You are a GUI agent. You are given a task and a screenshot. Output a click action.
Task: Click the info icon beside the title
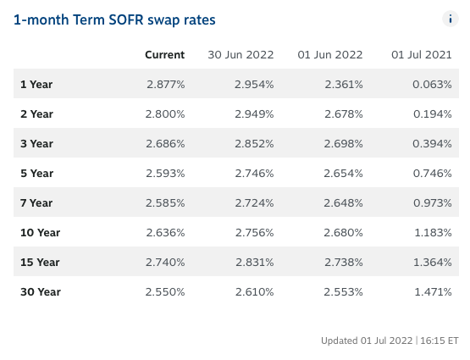451,19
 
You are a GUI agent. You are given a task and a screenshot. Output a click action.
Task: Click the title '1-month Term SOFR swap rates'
114,20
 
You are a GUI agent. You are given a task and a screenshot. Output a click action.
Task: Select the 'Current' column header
165,55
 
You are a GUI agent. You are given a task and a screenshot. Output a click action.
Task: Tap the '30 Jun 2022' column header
241,55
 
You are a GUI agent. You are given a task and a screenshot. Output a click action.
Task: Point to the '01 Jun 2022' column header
330,55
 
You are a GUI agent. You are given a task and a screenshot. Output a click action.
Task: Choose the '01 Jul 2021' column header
422,55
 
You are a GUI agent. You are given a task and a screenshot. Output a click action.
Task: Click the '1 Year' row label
36,85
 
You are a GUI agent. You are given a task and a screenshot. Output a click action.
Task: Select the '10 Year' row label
40,233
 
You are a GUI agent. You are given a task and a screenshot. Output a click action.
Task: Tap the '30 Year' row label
41,292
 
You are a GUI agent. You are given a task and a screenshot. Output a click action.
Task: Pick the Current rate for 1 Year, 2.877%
166,85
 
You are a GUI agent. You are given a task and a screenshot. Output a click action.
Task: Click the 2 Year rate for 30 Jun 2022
254,114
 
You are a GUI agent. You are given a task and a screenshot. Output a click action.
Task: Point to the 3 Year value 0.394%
432,144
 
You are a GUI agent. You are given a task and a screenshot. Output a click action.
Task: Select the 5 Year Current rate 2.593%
165,174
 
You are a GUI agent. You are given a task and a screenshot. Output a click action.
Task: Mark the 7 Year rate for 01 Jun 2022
343,203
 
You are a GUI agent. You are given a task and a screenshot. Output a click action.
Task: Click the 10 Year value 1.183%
433,233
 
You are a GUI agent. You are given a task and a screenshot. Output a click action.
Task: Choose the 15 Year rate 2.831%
255,263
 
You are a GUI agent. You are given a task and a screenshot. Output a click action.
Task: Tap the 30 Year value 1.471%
433,292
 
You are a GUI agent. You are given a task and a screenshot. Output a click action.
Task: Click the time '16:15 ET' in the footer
440,341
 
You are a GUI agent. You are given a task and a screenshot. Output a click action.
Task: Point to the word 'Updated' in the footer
340,341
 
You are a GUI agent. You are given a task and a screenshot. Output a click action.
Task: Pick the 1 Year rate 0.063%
432,85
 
